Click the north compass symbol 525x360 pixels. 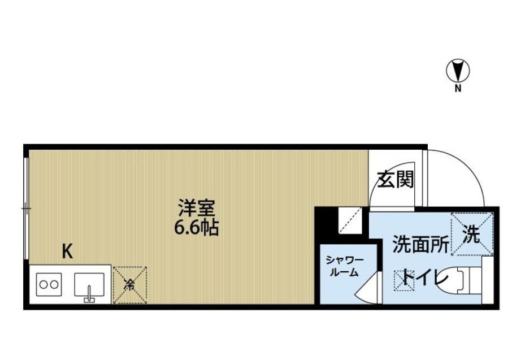point(458,71)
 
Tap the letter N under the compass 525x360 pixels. point(458,88)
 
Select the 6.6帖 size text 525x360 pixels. point(196,229)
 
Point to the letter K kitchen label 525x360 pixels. point(67,251)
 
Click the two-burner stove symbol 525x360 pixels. point(48,284)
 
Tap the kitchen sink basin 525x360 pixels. point(89,284)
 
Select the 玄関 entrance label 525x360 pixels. point(396,180)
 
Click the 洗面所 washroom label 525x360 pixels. point(420,245)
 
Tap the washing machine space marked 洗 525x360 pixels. point(472,233)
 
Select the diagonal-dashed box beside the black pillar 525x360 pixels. point(349,220)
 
